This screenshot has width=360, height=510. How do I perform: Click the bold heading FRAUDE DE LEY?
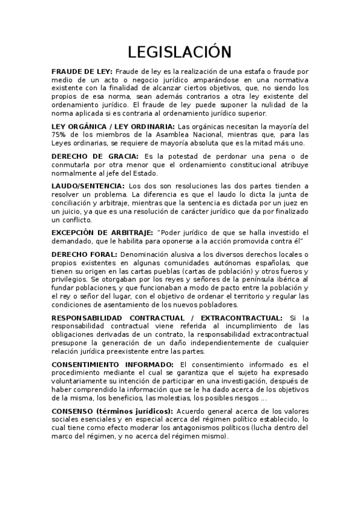click(x=82, y=71)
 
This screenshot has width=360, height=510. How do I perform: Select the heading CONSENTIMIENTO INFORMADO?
click(x=113, y=364)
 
